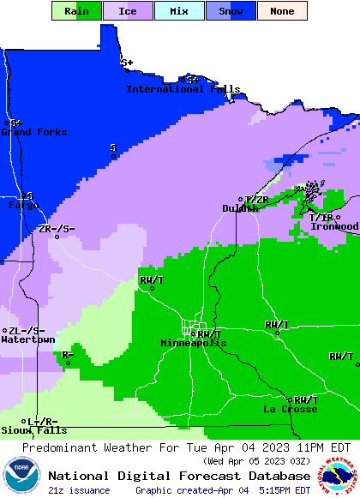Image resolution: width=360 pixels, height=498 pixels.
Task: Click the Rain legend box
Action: [x=77, y=11]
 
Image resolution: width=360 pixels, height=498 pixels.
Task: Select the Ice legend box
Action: [x=127, y=11]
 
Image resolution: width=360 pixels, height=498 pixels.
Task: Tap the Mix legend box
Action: [x=179, y=11]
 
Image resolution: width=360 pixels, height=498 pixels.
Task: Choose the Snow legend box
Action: [x=231, y=11]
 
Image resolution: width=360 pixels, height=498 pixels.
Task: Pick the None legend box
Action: [x=282, y=11]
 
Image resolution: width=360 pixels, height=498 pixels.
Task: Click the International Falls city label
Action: [x=183, y=89]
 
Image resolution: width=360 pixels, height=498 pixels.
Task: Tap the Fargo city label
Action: [x=23, y=206]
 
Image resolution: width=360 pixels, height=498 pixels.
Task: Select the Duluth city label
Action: [x=240, y=208]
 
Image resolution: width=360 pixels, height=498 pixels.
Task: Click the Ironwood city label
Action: [x=334, y=226]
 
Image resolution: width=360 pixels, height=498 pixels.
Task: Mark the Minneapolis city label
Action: [x=194, y=343]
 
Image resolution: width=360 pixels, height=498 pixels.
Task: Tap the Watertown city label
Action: [x=27, y=340]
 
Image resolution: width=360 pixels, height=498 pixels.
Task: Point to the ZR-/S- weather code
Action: [x=57, y=229]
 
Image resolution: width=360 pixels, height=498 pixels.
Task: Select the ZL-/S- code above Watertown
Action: [x=26, y=331]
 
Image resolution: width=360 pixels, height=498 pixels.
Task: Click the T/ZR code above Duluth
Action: [x=257, y=200]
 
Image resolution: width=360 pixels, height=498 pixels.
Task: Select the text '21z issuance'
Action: [x=79, y=490]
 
